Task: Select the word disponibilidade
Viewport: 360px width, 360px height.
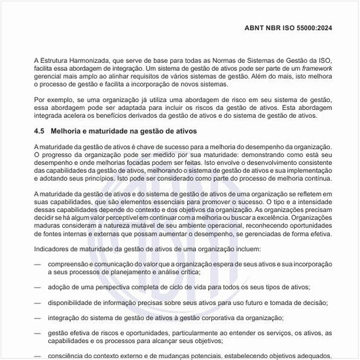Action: pyautogui.click(x=73, y=302)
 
